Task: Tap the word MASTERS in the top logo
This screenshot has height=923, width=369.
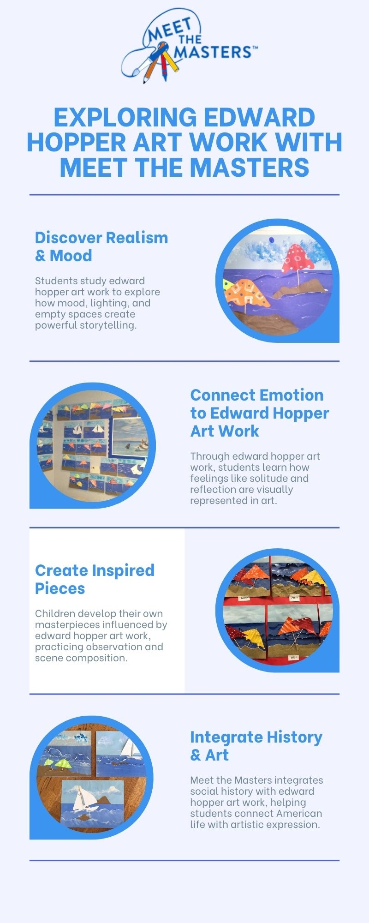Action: [213, 52]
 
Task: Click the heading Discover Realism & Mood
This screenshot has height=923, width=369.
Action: [101, 246]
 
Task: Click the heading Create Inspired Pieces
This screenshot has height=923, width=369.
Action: [95, 579]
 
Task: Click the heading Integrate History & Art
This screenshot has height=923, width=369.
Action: [256, 746]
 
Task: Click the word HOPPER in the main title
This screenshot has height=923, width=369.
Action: [77, 142]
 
